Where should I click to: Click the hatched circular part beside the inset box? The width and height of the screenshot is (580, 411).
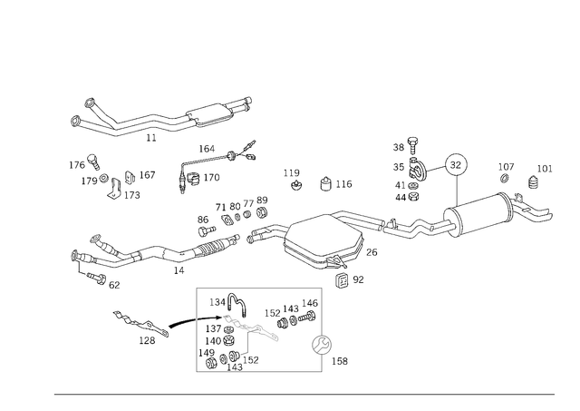click(x=322, y=344)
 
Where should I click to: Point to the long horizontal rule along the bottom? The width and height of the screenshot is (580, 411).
click(x=304, y=393)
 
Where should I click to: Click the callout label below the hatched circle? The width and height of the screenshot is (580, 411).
click(x=341, y=364)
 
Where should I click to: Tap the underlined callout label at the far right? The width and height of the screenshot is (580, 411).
click(x=543, y=169)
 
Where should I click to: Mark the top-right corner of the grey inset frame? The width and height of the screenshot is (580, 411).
click(x=323, y=288)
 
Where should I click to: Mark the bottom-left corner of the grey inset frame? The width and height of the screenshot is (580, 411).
click(x=196, y=372)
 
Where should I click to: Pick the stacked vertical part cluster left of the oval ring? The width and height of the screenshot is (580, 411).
click(x=407, y=169)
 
